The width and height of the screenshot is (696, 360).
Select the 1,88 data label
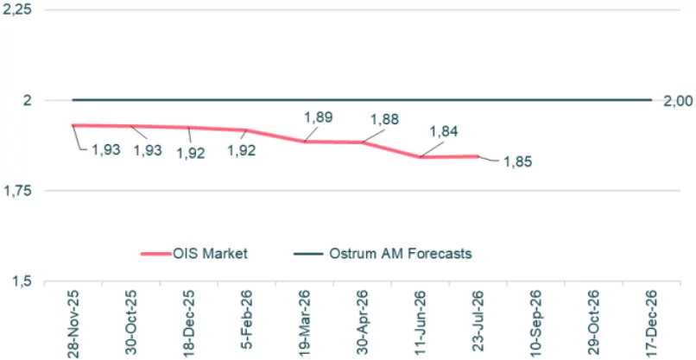point(383,119)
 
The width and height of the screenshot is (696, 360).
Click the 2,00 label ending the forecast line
point(678,101)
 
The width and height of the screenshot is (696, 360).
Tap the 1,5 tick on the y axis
point(22,281)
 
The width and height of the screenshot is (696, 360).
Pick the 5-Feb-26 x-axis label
point(247,325)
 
